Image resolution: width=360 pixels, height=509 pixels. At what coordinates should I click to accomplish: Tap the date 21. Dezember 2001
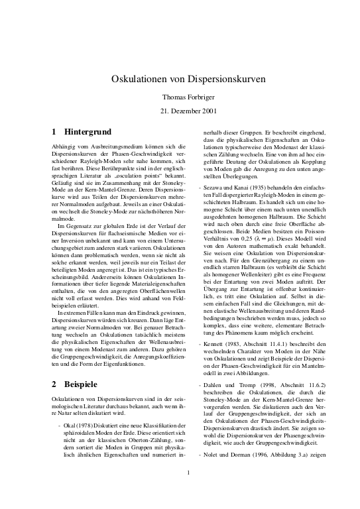(x=180, y=111)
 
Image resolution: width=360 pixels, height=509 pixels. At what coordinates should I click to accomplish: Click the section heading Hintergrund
(x=87, y=132)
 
